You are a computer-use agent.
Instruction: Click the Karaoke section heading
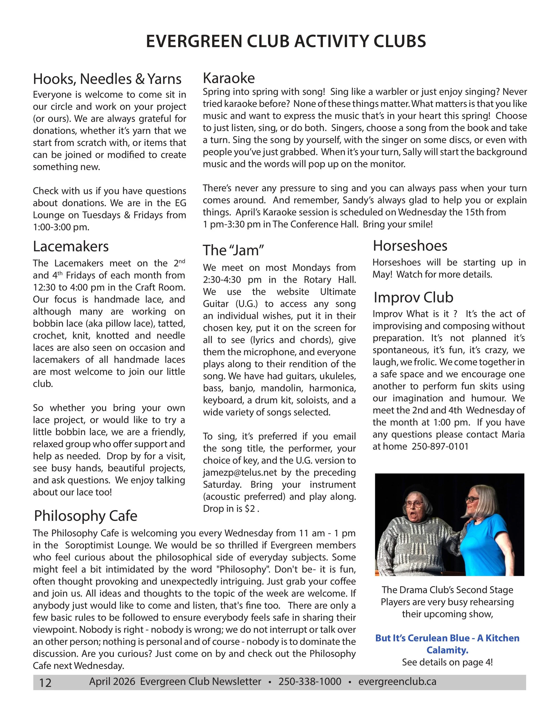coord(229,78)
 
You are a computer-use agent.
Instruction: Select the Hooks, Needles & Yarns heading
coord(107,79)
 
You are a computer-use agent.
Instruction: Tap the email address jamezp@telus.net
coord(241,472)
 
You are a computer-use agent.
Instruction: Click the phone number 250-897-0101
coord(440,447)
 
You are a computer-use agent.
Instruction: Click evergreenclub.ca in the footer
coord(397,682)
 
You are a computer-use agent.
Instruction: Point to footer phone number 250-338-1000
coord(310,682)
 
